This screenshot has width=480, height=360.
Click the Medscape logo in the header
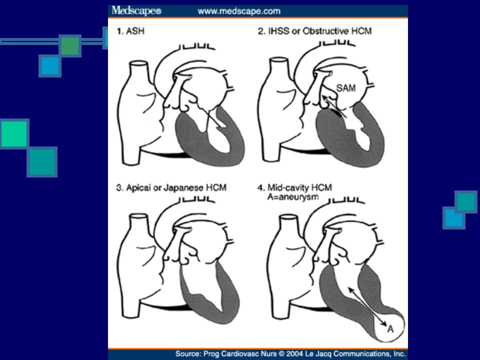tap(136, 11)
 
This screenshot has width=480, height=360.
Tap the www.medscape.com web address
tap(239, 11)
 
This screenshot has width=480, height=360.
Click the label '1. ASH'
tap(130, 31)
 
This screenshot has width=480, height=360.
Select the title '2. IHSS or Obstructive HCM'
tap(314, 31)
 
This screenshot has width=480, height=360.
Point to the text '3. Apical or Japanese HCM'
tap(171, 187)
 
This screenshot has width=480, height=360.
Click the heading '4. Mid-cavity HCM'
tap(295, 187)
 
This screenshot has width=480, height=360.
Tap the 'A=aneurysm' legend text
tap(293, 196)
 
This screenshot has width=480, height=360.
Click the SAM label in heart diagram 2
tap(346, 88)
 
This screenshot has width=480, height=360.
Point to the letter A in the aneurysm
tap(390, 329)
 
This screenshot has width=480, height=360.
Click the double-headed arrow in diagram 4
tap(367, 306)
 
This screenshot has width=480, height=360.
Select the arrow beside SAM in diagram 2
tap(334, 106)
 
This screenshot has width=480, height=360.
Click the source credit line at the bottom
tap(290, 354)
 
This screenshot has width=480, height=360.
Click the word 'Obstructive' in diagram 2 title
tap(325, 31)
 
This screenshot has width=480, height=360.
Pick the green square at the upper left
tap(70, 46)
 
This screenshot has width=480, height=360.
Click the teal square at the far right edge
tap(466, 201)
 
